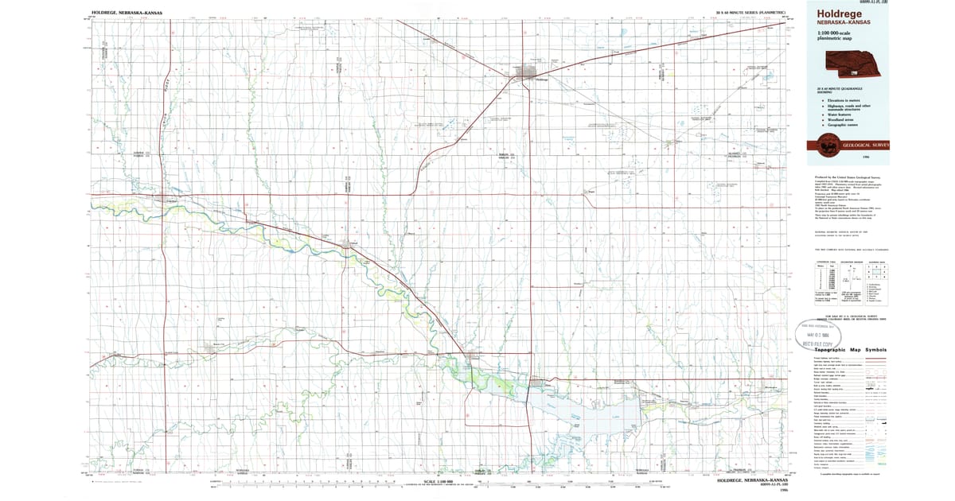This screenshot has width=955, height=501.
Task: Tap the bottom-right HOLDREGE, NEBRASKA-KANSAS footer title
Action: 752,480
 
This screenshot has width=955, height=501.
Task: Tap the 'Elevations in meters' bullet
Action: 847,99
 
